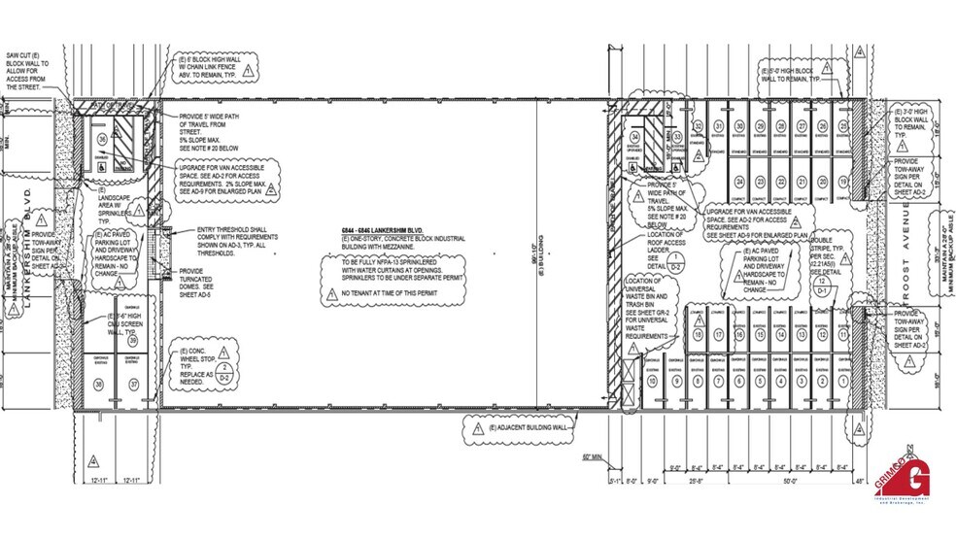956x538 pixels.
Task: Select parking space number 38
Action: pos(98,385)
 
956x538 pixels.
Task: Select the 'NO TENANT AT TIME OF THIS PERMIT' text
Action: pos(385,291)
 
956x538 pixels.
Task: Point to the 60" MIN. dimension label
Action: pos(594,455)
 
